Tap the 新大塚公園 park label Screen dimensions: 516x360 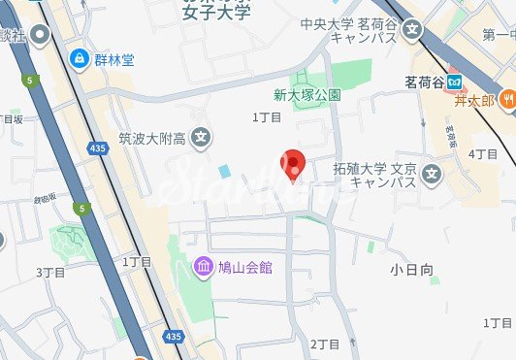[306, 95]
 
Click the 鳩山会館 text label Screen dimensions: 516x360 [246, 266]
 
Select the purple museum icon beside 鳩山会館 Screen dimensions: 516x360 [203, 266]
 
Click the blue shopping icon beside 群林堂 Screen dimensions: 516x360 [79, 58]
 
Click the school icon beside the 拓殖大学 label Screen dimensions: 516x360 [432, 174]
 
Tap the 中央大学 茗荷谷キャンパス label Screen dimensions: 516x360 [361, 31]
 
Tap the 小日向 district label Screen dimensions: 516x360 [412, 269]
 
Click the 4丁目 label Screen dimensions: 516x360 [482, 154]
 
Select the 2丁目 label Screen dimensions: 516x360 [322, 344]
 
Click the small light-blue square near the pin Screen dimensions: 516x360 [225, 171]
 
